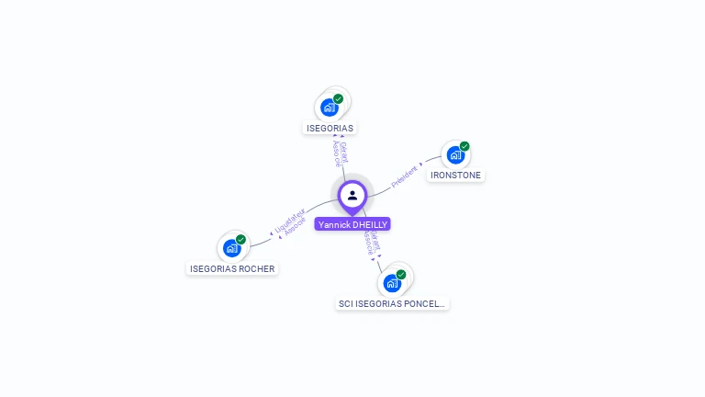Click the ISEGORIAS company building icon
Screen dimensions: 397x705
330,107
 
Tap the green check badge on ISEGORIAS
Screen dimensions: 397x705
338,98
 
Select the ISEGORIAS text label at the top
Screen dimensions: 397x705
330,128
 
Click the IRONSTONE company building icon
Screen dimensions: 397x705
455,154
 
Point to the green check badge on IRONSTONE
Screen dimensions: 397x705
464,146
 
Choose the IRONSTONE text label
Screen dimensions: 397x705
455,175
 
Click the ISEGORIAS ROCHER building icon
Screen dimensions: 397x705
232,248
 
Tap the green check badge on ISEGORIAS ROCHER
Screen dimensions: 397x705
241,240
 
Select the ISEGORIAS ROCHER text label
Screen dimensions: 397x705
232,268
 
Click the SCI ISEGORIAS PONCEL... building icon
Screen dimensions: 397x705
392,282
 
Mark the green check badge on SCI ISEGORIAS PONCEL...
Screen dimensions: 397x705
401,274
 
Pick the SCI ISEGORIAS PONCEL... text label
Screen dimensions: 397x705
392,303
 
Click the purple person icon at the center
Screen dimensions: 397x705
352,195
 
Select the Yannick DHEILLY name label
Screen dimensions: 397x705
352,224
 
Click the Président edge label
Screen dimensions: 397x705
404,176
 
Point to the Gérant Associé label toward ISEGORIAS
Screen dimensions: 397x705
339,153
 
